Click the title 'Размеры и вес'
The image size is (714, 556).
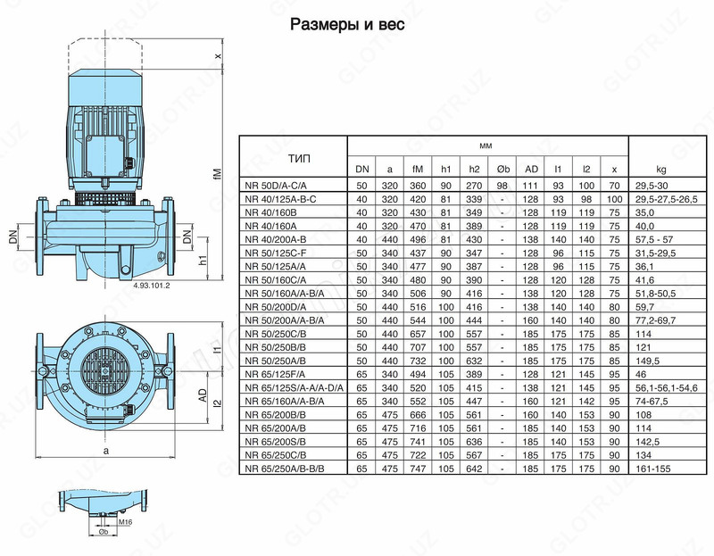point(347,25)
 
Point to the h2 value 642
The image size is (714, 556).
point(474,468)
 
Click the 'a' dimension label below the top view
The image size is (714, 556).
point(106,452)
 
